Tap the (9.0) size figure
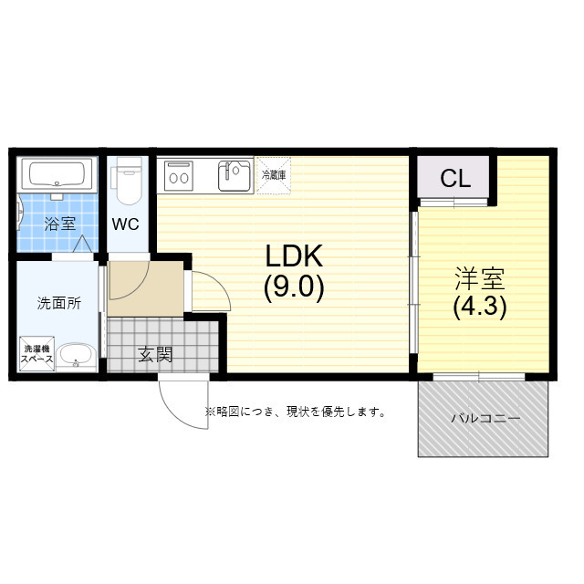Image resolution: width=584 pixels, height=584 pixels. point(294,287)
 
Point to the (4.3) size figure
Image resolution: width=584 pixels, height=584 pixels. point(480,307)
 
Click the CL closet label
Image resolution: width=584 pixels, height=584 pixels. point(455,179)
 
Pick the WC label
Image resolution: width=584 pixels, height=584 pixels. point(126,224)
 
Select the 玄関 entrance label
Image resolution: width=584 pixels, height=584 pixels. point(155,355)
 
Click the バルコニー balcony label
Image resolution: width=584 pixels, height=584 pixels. point(485,419)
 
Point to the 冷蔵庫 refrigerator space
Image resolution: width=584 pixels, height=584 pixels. point(275,175)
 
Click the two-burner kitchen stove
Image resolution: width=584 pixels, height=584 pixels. point(178,174)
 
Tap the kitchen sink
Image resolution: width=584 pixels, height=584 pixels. point(235,174)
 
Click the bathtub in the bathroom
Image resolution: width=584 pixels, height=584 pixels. point(57,174)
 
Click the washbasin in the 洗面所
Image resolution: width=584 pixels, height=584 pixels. point(75,355)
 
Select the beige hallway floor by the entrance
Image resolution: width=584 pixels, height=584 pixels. point(145,288)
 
